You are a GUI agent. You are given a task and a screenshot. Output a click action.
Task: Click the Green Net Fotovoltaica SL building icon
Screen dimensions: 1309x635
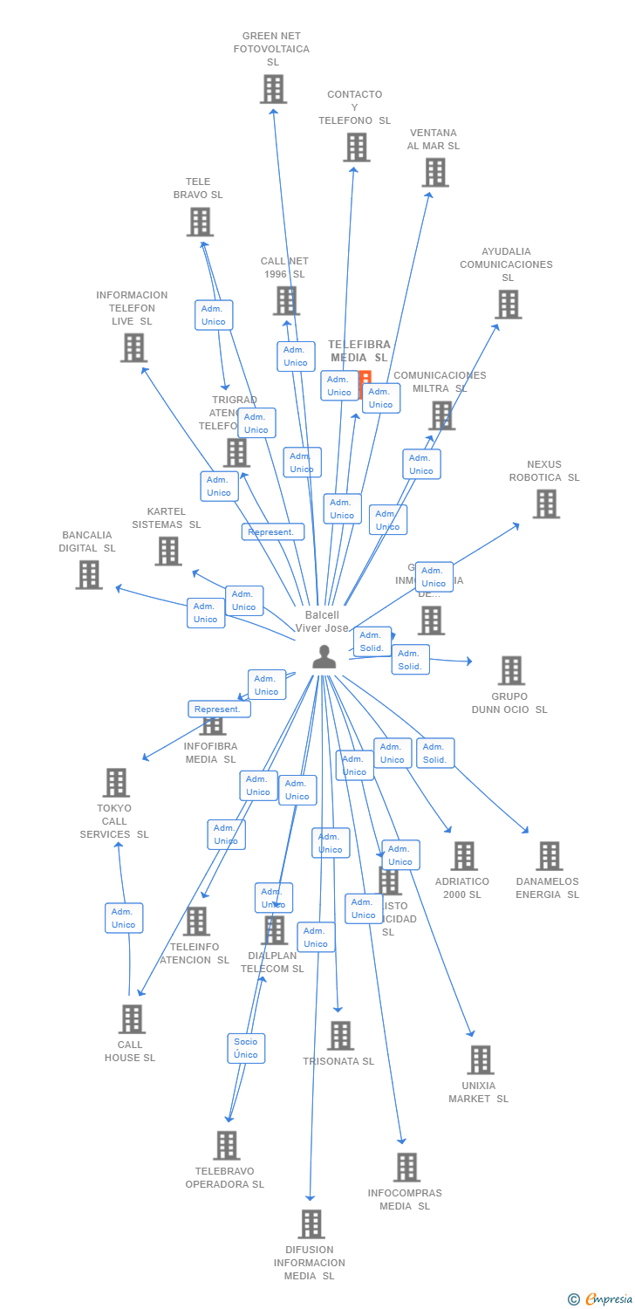[x=273, y=88]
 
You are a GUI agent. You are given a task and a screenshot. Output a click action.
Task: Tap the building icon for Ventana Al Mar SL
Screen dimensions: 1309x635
[x=434, y=172]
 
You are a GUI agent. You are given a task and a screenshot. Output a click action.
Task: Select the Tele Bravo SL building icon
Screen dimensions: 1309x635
[x=200, y=222]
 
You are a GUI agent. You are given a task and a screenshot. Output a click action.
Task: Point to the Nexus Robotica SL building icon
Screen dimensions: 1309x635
[x=545, y=504]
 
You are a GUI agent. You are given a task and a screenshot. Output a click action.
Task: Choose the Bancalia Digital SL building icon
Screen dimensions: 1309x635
[x=88, y=574]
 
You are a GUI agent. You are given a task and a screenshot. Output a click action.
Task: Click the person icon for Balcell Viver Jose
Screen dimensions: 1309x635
[x=324, y=656]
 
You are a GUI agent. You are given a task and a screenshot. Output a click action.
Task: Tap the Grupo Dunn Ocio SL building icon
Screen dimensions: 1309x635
[x=510, y=670]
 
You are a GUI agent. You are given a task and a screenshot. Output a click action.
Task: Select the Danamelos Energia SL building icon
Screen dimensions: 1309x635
[x=548, y=856]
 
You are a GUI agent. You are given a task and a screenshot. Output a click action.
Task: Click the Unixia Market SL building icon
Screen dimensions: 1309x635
[x=480, y=1059]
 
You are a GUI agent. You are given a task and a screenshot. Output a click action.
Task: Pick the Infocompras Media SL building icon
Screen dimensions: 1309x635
[x=406, y=1167]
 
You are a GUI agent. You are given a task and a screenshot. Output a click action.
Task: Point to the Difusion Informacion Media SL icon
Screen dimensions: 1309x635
[x=311, y=1223]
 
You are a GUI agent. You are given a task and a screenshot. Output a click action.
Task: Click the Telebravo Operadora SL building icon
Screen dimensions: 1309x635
[x=226, y=1145]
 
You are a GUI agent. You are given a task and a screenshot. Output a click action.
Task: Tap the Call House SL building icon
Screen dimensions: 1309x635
[x=131, y=1018]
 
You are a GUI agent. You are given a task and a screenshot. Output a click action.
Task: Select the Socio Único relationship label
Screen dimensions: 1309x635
[x=246, y=1047]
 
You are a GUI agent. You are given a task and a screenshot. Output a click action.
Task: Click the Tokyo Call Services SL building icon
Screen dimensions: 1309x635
[x=115, y=783]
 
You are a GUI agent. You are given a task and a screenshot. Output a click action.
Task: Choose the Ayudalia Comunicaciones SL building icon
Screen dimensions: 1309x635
[x=508, y=304]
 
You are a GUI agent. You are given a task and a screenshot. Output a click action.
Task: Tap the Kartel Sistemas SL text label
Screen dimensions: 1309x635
[x=167, y=518]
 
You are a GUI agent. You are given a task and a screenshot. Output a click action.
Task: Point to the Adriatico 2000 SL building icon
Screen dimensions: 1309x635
[x=463, y=856]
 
